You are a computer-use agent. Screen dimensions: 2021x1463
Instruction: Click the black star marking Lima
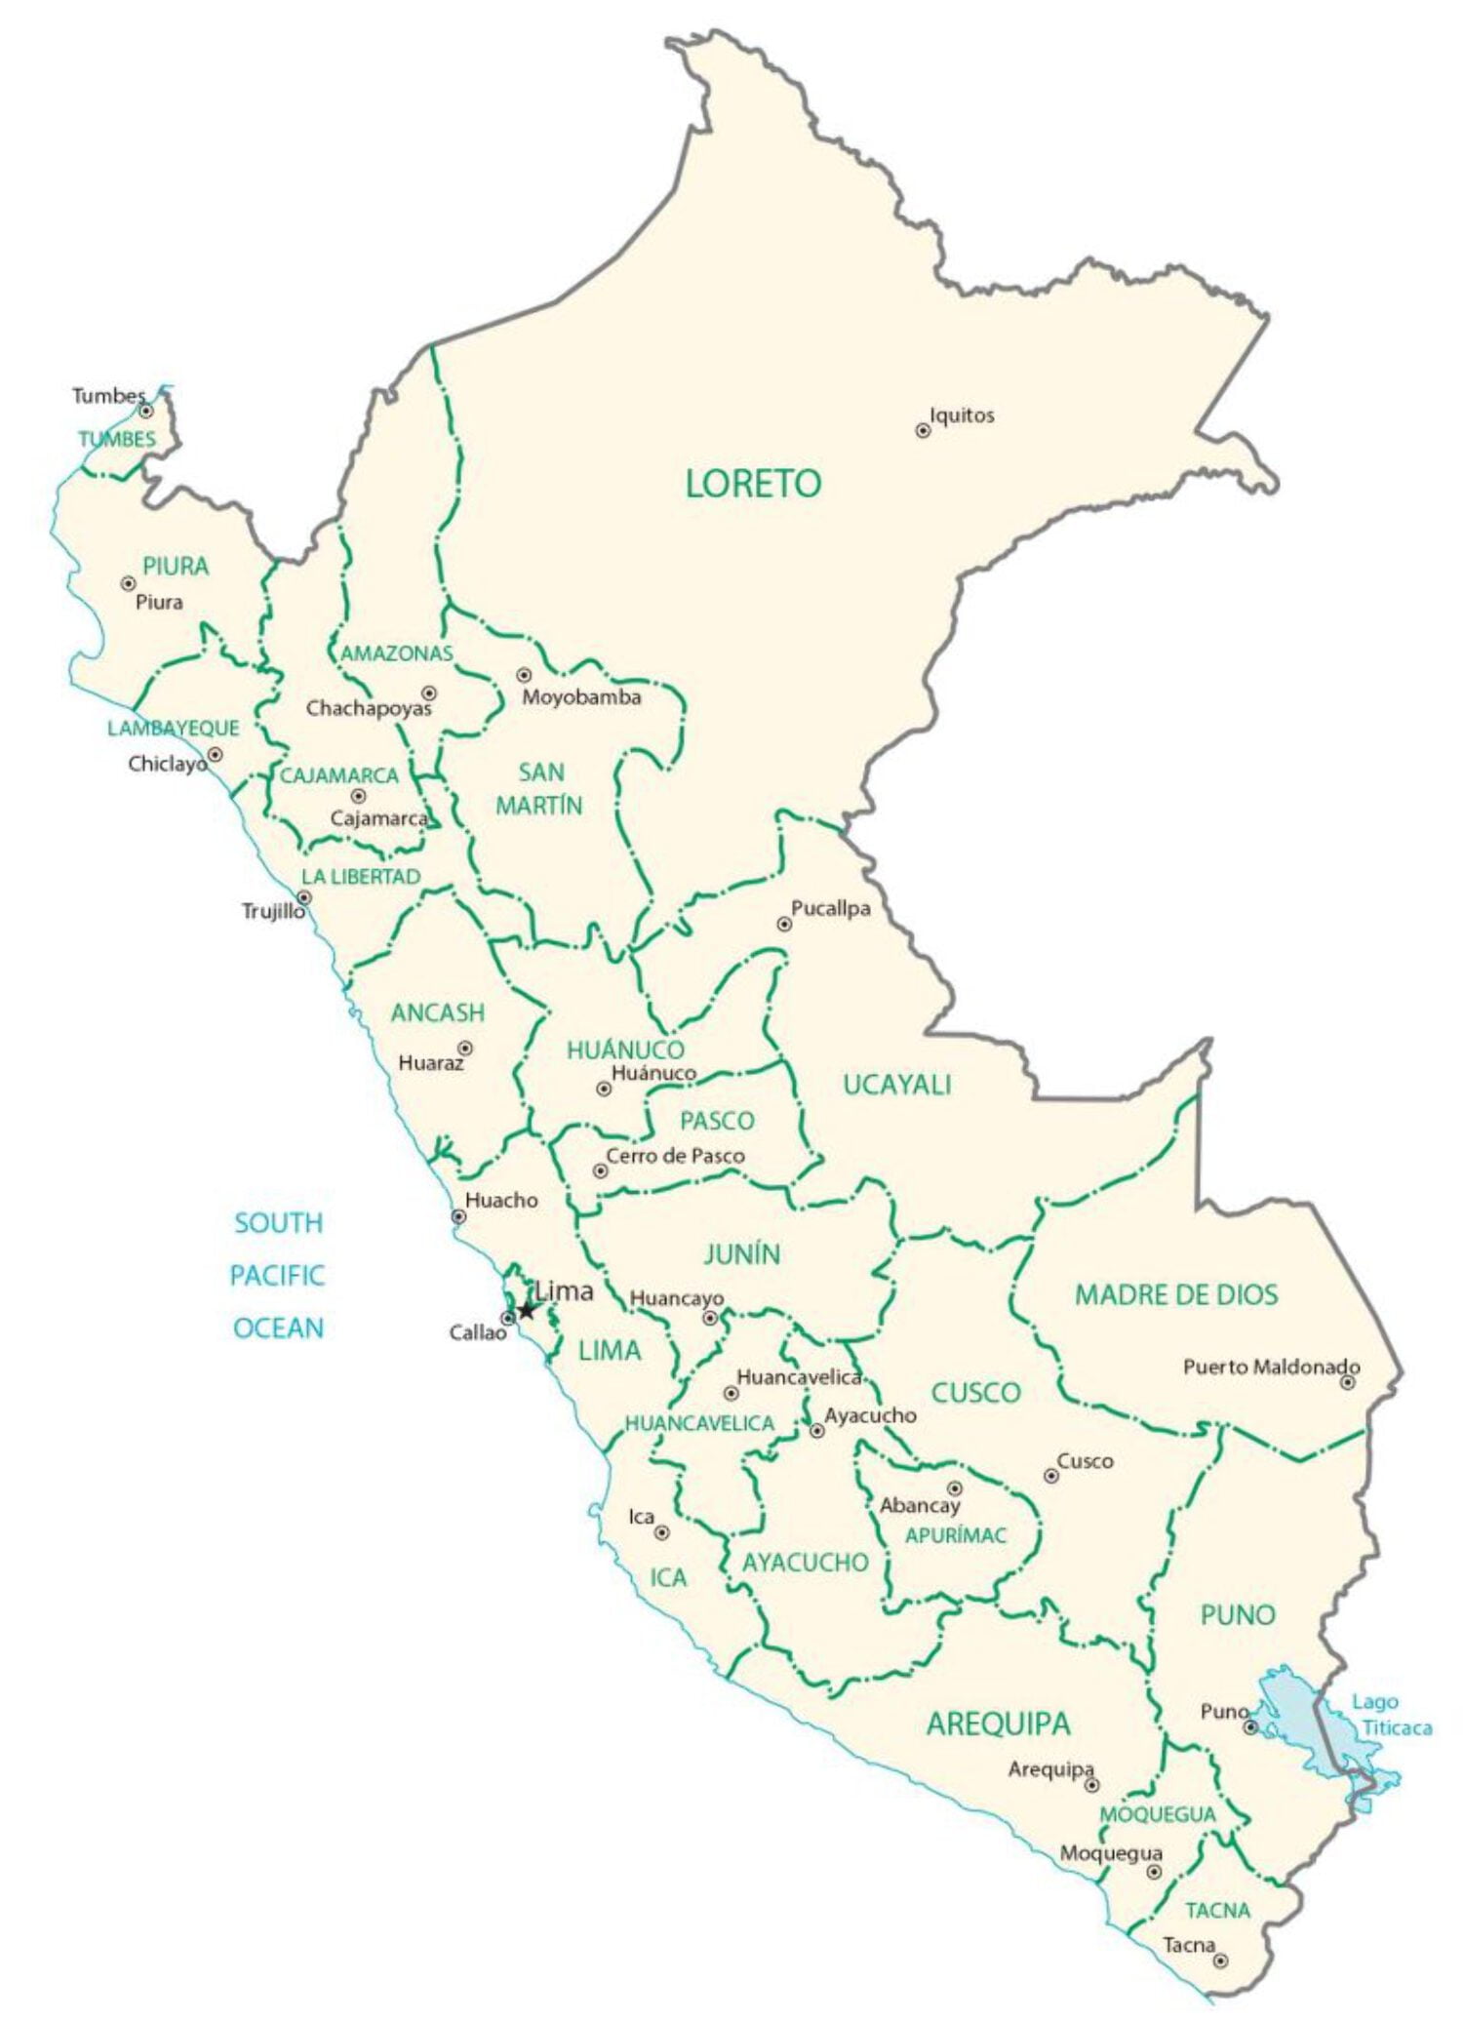tap(527, 1310)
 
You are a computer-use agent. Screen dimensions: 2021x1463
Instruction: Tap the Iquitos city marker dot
tap(923, 430)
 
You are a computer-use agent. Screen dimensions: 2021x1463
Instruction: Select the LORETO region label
tap(753, 484)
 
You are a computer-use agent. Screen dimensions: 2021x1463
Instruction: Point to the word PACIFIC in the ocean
tap(277, 1275)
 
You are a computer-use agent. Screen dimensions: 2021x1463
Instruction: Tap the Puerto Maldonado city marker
tap(1348, 1382)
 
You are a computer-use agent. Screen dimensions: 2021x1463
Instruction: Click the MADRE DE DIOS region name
tap(1175, 1295)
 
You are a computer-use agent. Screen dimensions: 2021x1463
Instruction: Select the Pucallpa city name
tap(830, 908)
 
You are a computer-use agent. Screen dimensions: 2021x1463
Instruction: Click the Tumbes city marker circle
tap(146, 411)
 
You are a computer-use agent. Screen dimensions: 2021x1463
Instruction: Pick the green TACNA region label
tap(1217, 1910)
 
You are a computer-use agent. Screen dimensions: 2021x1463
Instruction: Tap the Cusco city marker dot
tap(1051, 1476)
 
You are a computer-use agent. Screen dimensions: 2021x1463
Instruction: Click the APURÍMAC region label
tap(955, 1535)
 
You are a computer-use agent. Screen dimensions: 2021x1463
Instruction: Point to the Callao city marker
tap(507, 1319)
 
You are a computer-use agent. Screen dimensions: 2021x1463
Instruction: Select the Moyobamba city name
tap(581, 697)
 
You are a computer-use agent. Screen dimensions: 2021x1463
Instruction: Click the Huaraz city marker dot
tap(466, 1049)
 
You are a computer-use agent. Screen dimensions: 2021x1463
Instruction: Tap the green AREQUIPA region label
tap(998, 1724)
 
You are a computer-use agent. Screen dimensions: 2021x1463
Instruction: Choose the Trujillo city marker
tap(304, 897)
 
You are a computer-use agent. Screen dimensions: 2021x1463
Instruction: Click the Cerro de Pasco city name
tap(675, 1156)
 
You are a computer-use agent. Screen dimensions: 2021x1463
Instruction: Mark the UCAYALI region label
tap(896, 1085)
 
